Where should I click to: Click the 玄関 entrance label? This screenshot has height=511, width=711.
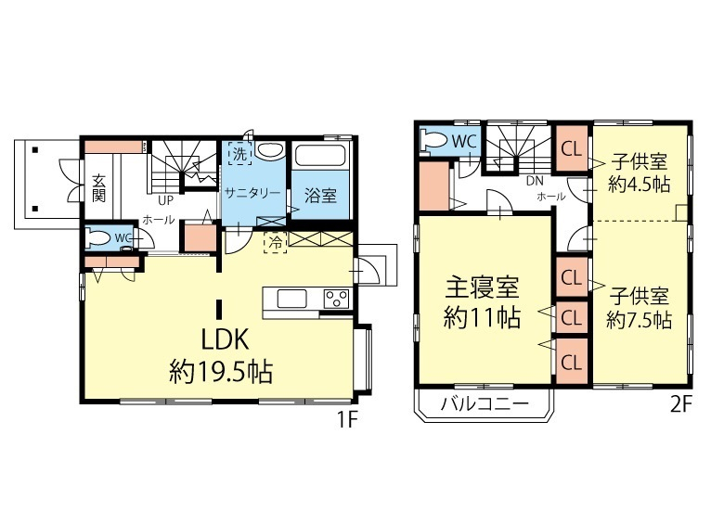98,188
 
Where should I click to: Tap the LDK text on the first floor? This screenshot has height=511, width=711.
225,339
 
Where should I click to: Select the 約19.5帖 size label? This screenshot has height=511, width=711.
221,372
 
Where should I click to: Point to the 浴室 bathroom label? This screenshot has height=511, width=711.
320,196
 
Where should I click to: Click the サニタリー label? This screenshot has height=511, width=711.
252,194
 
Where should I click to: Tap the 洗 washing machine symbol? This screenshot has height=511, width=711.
239,154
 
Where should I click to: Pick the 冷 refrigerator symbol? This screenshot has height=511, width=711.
276,242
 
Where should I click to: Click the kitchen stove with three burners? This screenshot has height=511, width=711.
336,300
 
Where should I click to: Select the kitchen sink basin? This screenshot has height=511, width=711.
291,300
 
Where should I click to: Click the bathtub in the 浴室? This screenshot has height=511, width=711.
320,156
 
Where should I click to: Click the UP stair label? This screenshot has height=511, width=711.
165,200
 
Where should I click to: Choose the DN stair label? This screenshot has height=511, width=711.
535,181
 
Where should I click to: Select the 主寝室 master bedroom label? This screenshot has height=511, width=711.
482,287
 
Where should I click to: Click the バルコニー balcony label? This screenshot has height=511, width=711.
485,402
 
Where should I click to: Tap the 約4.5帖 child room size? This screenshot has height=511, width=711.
639,185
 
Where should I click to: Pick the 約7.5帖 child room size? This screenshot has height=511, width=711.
639,320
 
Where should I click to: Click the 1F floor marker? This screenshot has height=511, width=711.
347,421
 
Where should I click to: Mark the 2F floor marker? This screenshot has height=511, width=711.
680,404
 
